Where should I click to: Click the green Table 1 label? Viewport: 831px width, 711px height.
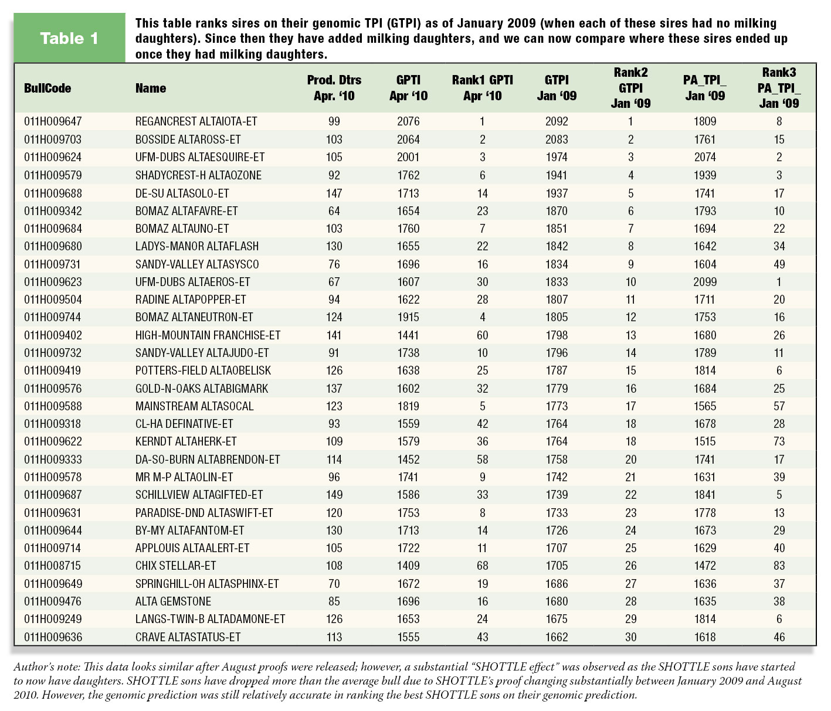(69, 39)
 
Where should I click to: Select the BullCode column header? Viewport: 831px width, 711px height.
(48, 88)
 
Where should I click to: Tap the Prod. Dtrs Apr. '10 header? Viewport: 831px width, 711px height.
(334, 88)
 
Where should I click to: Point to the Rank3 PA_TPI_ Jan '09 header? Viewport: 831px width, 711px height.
(779, 88)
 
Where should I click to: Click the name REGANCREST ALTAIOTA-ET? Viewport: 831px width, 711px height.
(196, 121)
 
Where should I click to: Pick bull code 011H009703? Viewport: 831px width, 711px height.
(53, 140)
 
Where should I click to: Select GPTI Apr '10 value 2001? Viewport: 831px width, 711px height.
(408, 157)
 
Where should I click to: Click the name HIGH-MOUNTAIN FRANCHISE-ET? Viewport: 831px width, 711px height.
(208, 335)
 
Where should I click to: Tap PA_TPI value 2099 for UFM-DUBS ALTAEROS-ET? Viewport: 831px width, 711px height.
(705, 282)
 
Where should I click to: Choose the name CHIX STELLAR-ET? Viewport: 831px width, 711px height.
(176, 566)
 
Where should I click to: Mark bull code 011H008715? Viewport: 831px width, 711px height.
(53, 566)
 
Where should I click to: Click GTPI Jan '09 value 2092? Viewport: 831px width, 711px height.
(557, 121)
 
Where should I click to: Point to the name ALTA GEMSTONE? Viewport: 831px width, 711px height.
(173, 601)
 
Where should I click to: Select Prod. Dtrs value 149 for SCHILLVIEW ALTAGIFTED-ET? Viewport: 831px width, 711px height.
(334, 494)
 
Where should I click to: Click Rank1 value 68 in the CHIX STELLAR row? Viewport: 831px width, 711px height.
(483, 566)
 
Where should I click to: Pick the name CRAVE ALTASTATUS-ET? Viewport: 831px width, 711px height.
(188, 637)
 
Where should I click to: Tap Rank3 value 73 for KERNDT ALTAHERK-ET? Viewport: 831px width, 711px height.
(779, 441)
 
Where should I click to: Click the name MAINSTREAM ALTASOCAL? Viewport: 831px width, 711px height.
(195, 406)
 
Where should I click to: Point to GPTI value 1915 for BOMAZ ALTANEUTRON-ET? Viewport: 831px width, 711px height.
(408, 317)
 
